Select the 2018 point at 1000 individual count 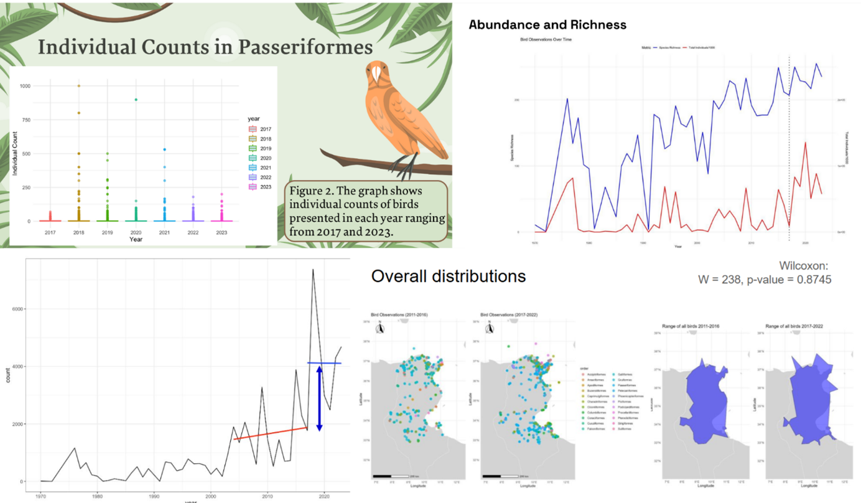tap(79, 86)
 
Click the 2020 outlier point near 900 tap(136, 100)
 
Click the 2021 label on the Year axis tap(164, 232)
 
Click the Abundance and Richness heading tap(547, 25)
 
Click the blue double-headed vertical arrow tap(319, 398)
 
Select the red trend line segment tap(271, 433)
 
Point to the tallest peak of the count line tap(313, 270)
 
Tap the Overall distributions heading tap(448, 276)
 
